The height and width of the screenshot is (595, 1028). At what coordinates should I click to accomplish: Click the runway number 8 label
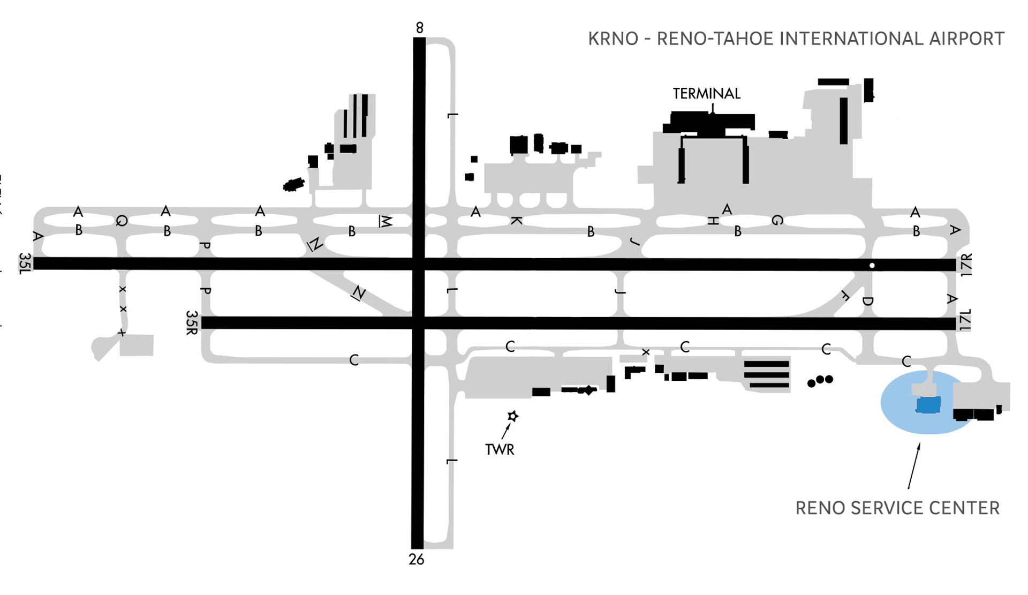419,28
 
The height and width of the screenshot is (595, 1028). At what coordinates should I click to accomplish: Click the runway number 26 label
416,560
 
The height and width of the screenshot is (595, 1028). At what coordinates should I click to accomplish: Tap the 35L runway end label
25,263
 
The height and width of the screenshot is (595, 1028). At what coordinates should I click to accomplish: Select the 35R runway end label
192,322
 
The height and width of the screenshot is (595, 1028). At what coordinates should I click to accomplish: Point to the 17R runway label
966,265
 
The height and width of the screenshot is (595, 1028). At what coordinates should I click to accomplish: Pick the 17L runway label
965,320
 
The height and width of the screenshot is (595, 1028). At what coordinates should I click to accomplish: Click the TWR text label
500,450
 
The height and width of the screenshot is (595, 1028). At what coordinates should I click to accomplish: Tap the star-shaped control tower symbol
513,416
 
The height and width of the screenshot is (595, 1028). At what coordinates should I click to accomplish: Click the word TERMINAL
706,94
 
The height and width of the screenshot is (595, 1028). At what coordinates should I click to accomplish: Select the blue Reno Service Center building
928,405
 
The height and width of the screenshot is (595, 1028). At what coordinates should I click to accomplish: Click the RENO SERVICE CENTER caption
897,508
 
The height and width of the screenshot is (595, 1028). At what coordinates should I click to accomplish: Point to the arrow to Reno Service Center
914,466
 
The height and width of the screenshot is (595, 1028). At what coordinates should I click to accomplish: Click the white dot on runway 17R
872,266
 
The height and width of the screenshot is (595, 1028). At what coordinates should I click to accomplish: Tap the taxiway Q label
122,221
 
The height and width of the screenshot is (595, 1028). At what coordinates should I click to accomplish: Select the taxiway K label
516,221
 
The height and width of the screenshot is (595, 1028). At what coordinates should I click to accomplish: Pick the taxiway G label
777,220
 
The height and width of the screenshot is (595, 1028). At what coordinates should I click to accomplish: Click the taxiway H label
713,221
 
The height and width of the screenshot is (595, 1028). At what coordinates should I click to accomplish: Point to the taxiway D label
868,301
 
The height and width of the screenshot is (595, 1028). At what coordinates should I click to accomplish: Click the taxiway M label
385,221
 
